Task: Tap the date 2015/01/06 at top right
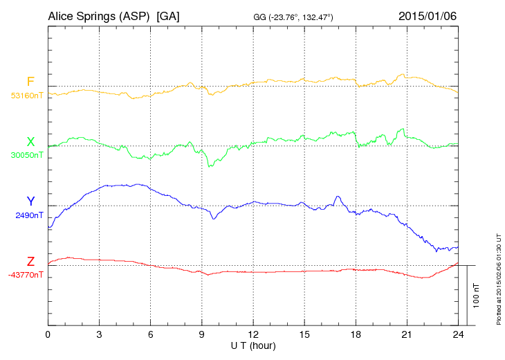point(428,15)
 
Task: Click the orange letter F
point(30,82)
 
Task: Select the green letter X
point(30,141)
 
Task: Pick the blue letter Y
point(30,201)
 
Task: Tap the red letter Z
point(30,261)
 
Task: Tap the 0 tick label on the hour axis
point(48,334)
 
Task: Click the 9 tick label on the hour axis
point(202,334)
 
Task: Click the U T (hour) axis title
point(253,345)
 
